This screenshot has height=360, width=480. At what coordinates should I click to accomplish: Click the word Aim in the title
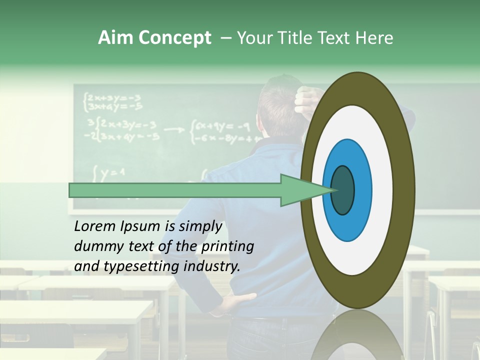pos(115,38)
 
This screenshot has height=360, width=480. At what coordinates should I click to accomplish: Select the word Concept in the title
pos(174,38)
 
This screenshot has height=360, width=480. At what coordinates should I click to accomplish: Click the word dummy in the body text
pos(95,246)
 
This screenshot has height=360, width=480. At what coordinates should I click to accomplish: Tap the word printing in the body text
pos(227,246)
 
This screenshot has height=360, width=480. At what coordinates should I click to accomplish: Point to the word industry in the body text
pos(212,266)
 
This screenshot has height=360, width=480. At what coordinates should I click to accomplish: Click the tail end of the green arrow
pos(72,190)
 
